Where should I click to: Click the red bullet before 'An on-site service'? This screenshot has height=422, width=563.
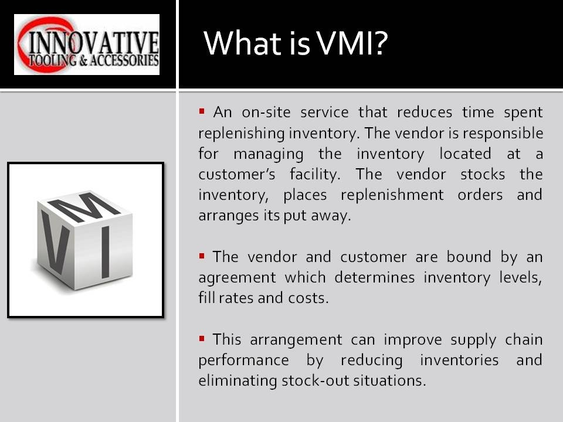click(202, 110)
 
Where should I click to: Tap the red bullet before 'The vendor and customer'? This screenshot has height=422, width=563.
click(202, 255)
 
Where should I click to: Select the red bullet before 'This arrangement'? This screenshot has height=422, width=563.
click(202, 338)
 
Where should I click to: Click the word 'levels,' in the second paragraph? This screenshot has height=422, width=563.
click(521, 277)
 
